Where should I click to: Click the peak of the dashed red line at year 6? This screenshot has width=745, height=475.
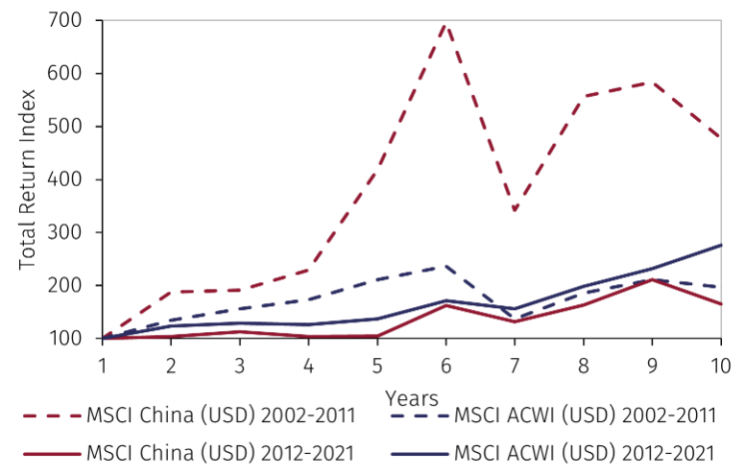pos(445,23)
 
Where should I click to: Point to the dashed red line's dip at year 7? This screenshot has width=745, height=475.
pos(514,210)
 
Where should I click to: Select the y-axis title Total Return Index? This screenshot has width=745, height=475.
pos(27,179)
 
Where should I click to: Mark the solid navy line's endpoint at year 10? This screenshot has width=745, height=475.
pos(720,245)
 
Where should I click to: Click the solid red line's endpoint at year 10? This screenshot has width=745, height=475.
pos(720,304)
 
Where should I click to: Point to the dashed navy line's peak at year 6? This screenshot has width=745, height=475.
pos(445,266)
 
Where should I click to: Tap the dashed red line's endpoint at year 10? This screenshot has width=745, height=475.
pos(720,137)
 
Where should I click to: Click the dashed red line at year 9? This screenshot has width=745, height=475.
pos(652,83)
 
